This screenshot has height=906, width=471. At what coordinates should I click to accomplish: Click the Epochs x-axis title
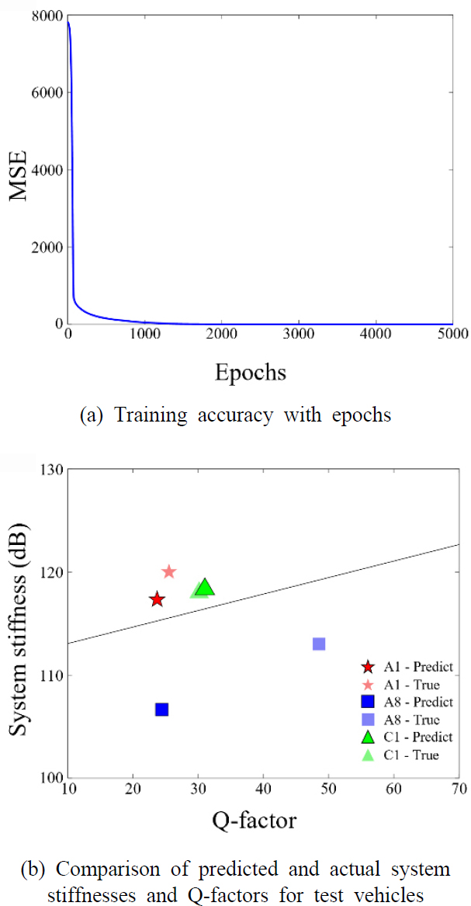coord(250,372)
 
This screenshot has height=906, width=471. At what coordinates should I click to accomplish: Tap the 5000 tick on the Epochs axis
coord(452,335)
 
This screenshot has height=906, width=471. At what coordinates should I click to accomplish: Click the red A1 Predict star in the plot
coord(158,599)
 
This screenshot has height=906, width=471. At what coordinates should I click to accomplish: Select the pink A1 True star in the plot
coord(169,572)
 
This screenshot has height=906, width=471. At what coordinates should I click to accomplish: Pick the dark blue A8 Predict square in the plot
coord(162,710)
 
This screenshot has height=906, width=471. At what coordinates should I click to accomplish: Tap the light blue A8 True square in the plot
coord(319,644)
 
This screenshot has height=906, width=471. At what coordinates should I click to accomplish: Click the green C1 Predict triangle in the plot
coord(205,588)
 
